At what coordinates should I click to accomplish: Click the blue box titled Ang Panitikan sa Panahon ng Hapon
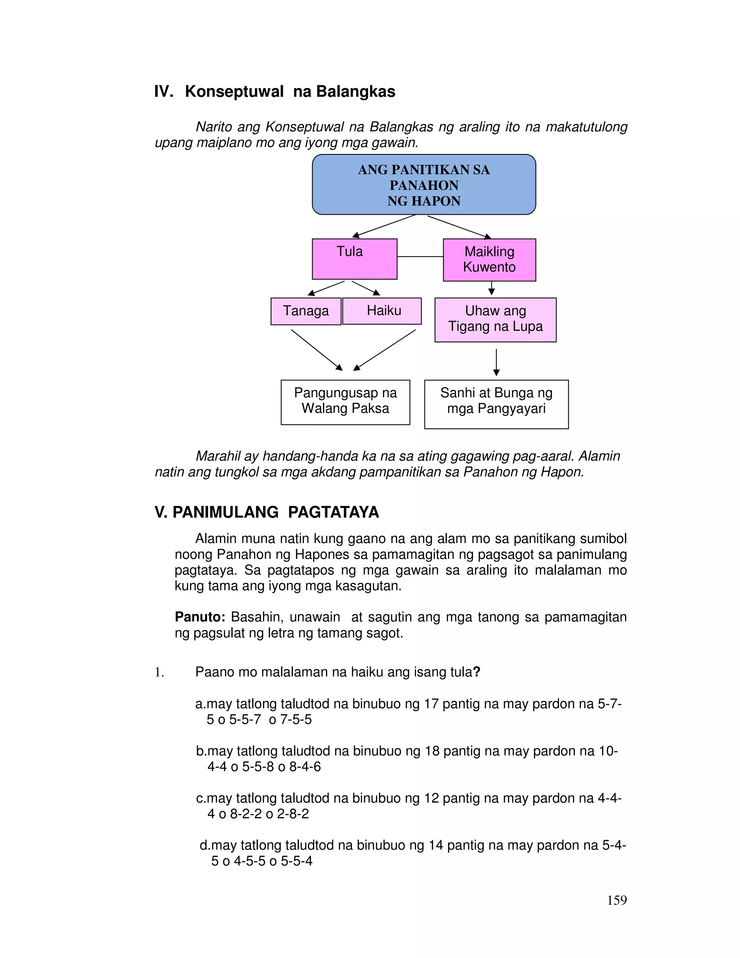(423, 185)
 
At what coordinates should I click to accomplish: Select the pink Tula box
(354, 259)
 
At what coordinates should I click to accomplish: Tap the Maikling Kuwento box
(489, 260)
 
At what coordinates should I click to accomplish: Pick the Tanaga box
(306, 311)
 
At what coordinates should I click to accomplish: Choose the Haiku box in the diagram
(382, 311)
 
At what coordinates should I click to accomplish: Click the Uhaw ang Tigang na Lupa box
(495, 319)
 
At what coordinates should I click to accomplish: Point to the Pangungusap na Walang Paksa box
(345, 402)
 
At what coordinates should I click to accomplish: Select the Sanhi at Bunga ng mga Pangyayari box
(496, 404)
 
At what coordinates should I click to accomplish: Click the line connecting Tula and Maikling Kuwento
(420, 257)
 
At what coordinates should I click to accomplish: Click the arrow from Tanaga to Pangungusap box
(317, 350)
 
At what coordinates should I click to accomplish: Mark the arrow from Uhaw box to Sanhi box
(496, 362)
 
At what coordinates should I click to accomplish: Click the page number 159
(617, 900)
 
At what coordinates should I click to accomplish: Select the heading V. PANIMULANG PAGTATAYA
(267, 512)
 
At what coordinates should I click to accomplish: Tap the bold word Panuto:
(200, 617)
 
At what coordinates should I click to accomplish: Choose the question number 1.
(159, 672)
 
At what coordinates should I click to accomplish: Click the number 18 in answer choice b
(432, 751)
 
